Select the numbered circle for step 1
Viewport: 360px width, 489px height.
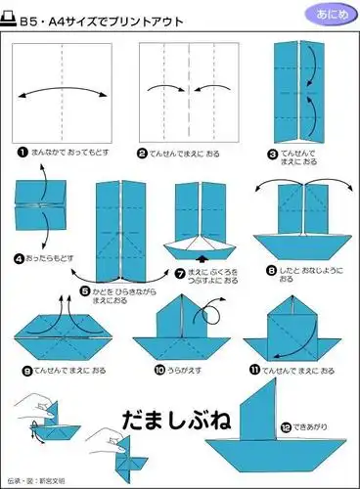pyautogui.click(x=21, y=153)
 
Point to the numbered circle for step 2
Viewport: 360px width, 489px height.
pyautogui.click(x=142, y=153)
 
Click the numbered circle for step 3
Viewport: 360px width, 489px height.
pyautogui.click(x=272, y=153)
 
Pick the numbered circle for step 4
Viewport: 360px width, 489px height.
pyautogui.click(x=20, y=259)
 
